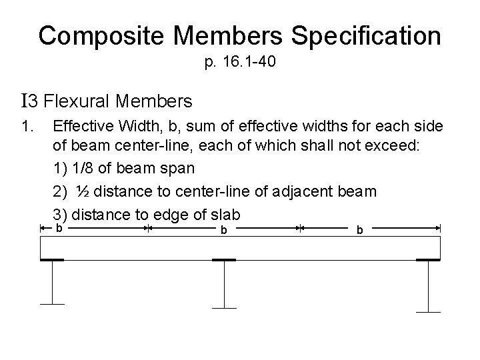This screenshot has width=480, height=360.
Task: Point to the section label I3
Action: click(30, 101)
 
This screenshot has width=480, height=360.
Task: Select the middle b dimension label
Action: click(224, 230)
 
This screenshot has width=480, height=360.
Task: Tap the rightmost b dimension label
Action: click(360, 230)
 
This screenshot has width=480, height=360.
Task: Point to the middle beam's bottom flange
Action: click(224, 307)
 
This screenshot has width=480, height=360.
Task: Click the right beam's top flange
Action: click(428, 260)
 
